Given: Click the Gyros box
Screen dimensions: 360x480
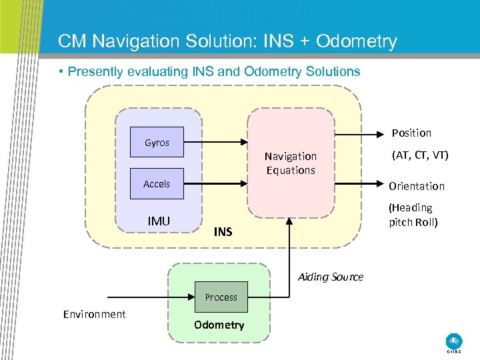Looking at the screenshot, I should pyautogui.click(x=157, y=142).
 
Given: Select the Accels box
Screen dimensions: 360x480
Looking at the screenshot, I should pyautogui.click(x=157, y=184).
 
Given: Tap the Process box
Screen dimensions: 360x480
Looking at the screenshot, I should pyautogui.click(x=221, y=297).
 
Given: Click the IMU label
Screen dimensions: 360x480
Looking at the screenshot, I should pyautogui.click(x=159, y=221).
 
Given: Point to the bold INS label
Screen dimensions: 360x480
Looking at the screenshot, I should pyautogui.click(x=223, y=232).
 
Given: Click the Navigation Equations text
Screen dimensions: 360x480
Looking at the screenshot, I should pyautogui.click(x=290, y=163).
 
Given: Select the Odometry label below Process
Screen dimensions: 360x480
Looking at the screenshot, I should pyautogui.click(x=219, y=325).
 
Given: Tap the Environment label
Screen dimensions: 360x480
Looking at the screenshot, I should pyautogui.click(x=94, y=314).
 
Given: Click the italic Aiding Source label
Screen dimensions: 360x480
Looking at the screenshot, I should pyautogui.click(x=331, y=277).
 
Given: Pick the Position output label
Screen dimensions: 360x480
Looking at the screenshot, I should pyautogui.click(x=411, y=133).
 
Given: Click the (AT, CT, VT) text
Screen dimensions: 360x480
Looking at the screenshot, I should pyautogui.click(x=420, y=155).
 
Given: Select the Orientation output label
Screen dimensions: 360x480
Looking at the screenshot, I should pyautogui.click(x=417, y=186).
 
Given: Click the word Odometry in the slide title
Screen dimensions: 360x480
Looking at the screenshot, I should pyautogui.click(x=357, y=41).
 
